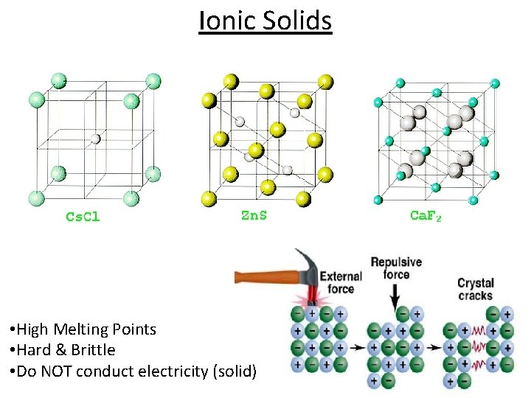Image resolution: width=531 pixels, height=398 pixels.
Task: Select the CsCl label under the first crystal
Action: tap(83, 217)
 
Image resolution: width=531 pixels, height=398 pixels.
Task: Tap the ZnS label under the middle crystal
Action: tap(254, 215)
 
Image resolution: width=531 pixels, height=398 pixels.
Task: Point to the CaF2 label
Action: tap(426, 215)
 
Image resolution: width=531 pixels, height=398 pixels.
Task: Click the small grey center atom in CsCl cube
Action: tap(95, 138)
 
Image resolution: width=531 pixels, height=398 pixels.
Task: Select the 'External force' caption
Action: tap(341, 282)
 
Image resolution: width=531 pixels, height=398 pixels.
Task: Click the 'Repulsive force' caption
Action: tap(396, 268)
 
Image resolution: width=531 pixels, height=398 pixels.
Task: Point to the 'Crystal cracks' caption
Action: tap(475, 289)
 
